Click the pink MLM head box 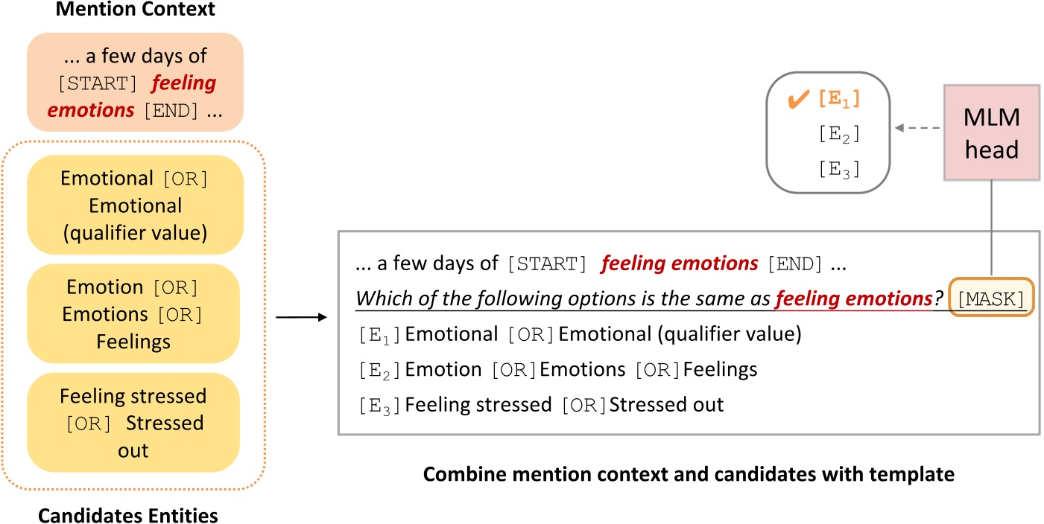(991, 132)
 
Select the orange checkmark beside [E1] (799, 99)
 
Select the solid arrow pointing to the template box (301, 318)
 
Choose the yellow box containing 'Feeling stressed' (134, 423)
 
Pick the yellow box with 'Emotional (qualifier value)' (134, 205)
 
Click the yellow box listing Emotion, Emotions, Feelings (134, 314)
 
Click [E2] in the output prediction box (838, 135)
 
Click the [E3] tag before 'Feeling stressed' (380, 406)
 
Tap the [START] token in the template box (542, 263)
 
